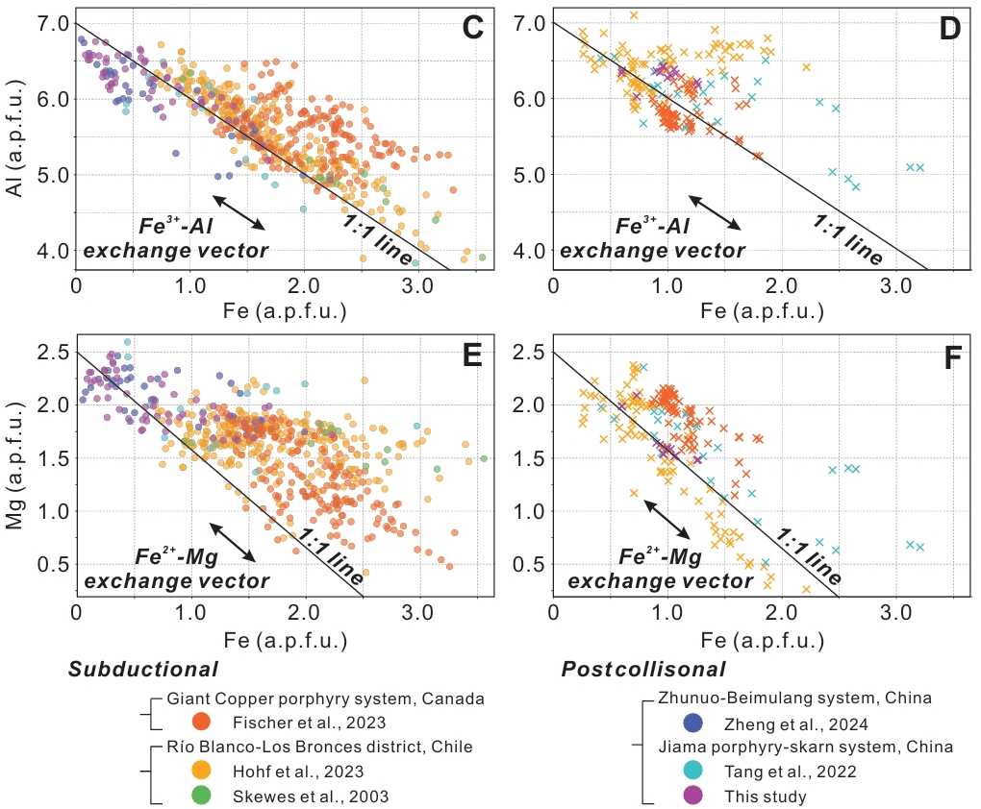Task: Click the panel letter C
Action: (471, 29)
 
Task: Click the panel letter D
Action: (950, 29)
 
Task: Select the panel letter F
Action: (950, 356)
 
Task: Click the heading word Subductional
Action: (142, 670)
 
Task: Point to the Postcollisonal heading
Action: (643, 670)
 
